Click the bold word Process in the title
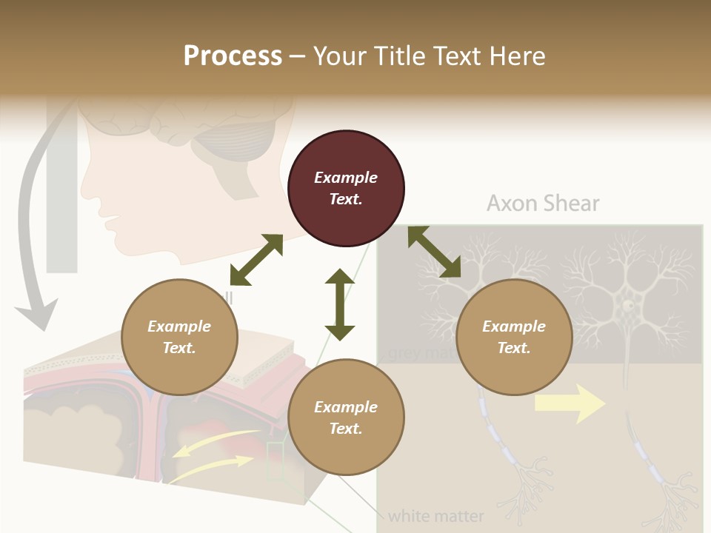(x=233, y=56)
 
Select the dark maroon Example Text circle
(x=346, y=188)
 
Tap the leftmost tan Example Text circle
(x=179, y=337)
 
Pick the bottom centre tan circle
(x=346, y=418)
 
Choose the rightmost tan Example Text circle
(x=514, y=337)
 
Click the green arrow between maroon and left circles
(x=256, y=260)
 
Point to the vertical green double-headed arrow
(x=340, y=304)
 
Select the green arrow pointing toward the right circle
(x=434, y=252)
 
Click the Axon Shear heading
(x=543, y=204)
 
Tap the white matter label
(x=435, y=516)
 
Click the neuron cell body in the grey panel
(x=628, y=304)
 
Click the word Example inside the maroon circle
(x=346, y=178)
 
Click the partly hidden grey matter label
(x=418, y=353)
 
